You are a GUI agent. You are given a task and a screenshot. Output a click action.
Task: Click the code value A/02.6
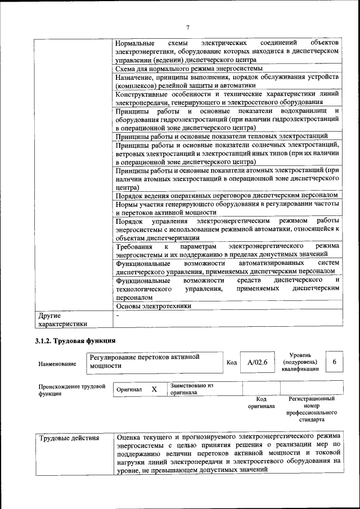[257, 363]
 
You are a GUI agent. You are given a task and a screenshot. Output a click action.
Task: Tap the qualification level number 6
[334, 362]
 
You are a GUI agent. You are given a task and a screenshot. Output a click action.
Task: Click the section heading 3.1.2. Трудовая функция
[75, 340]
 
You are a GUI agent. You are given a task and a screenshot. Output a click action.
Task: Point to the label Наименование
[57, 364]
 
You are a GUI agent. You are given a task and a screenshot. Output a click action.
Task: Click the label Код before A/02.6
[231, 362]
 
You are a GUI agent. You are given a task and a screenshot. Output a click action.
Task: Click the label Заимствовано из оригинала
[192, 389]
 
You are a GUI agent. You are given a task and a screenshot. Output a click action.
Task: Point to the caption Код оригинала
[261, 402]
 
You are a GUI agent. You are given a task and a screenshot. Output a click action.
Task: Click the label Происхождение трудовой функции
[72, 390]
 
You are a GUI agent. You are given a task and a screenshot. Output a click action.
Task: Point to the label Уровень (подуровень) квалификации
[305, 362]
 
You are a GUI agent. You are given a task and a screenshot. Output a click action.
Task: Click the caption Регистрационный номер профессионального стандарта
[311, 409]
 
